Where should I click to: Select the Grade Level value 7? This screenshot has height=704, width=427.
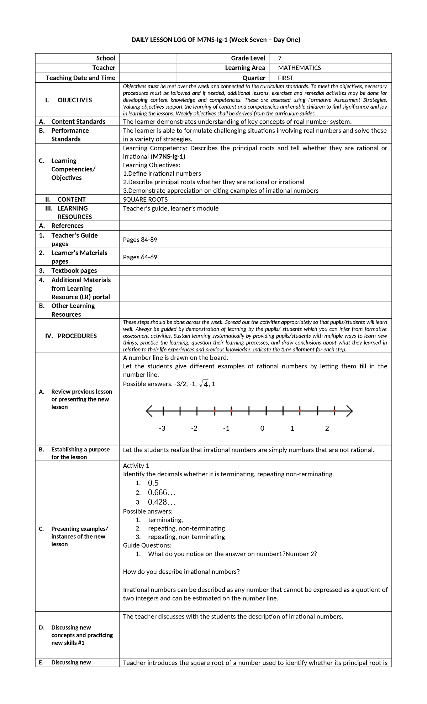(280, 58)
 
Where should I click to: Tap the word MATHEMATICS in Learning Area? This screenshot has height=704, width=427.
(299, 68)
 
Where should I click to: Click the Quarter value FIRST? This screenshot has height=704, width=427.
(285, 78)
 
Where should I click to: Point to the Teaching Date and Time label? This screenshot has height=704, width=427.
(80, 78)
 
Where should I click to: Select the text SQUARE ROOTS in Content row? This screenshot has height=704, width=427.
(145, 200)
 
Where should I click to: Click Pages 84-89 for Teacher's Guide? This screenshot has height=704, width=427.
(140, 240)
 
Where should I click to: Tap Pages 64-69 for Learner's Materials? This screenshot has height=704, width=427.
(140, 257)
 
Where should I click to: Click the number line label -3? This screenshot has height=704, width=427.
(162, 428)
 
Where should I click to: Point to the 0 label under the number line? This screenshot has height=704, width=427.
(262, 428)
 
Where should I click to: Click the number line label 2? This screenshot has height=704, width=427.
(327, 428)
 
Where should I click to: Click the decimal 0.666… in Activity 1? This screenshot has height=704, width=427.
(162, 493)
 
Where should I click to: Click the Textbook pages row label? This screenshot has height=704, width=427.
(74, 270)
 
